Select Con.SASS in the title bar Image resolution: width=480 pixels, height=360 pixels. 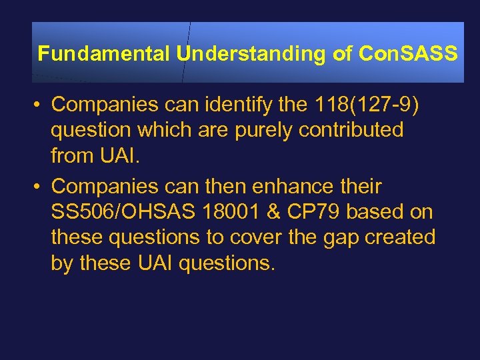(407, 54)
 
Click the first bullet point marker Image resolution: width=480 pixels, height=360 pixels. (41, 105)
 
